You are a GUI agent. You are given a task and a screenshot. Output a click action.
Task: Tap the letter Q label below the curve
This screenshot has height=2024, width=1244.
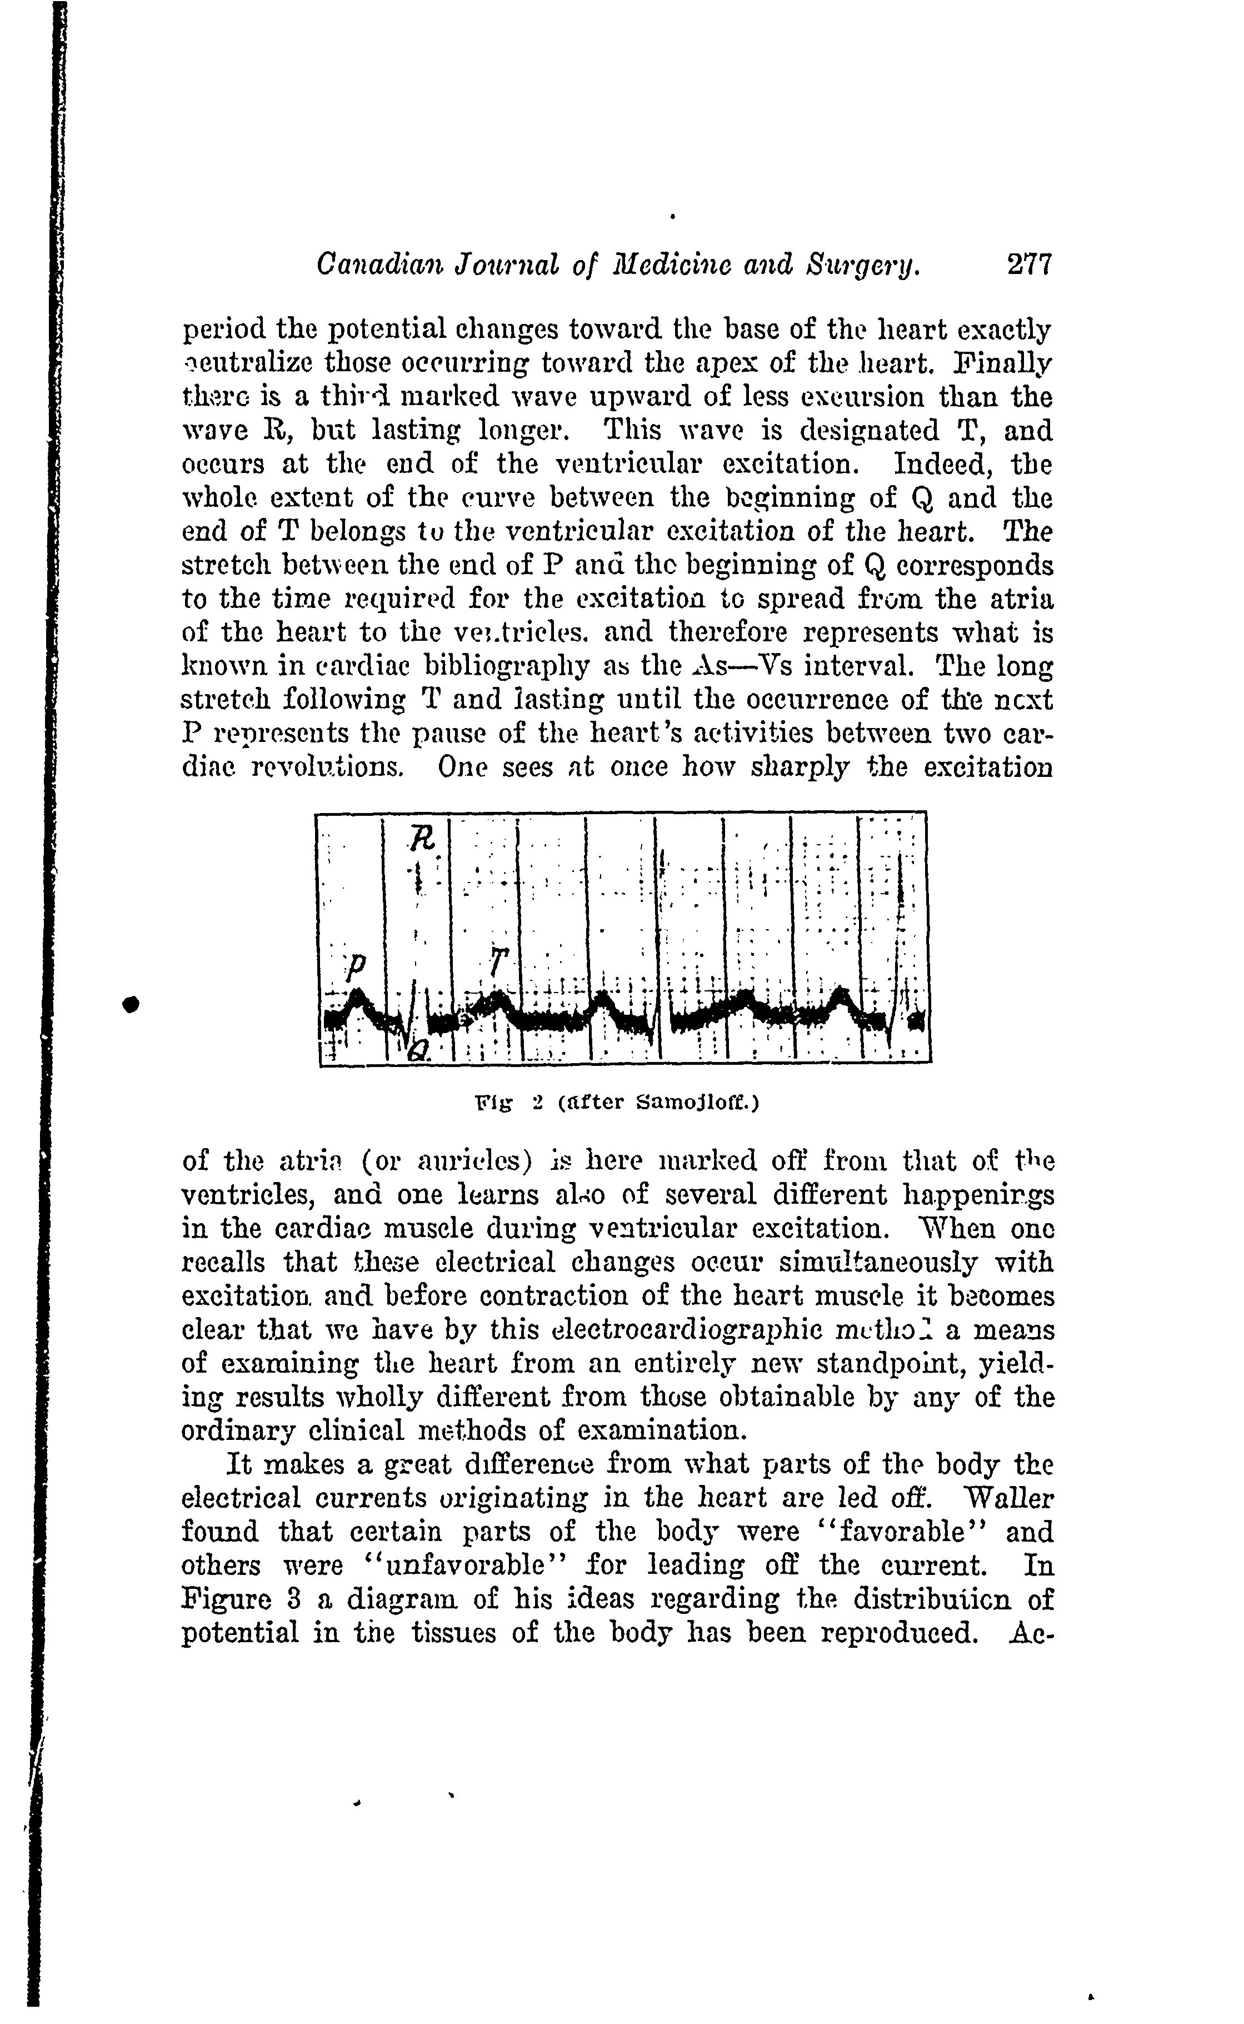click(419, 1049)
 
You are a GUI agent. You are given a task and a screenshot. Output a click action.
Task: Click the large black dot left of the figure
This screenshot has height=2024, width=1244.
click(129, 1004)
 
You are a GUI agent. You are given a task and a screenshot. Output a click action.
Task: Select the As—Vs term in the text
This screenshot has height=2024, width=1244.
click(751, 666)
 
